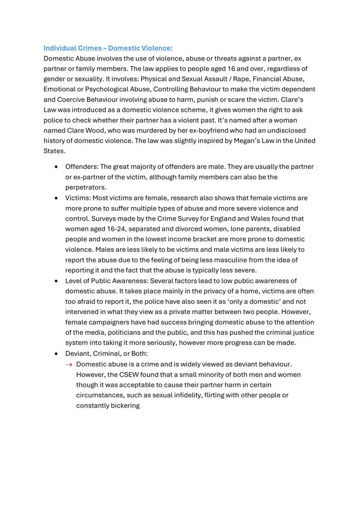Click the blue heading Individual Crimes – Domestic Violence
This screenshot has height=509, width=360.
[x=108, y=48]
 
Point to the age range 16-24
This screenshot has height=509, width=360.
[x=114, y=229]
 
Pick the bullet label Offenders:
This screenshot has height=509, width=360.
[x=81, y=166]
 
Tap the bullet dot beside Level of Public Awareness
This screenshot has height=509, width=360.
[x=56, y=281]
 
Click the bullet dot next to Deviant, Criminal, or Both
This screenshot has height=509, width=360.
[x=56, y=353]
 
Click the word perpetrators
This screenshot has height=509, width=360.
[x=85, y=187]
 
